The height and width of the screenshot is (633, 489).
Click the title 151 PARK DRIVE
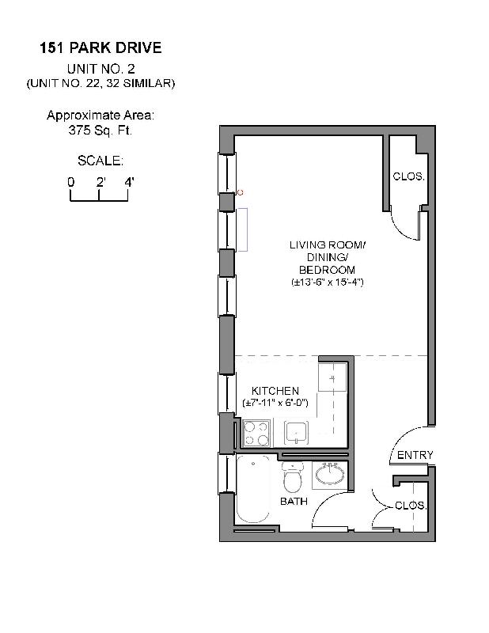click(x=100, y=48)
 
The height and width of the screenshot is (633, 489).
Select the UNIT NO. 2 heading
click(x=100, y=69)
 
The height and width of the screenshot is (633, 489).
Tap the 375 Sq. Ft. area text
click(x=100, y=131)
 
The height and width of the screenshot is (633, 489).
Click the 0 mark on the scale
click(x=70, y=183)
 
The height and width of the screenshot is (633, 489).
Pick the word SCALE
click(x=100, y=161)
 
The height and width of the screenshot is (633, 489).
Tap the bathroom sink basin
click(x=328, y=476)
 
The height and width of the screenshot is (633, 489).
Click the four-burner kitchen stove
click(x=256, y=433)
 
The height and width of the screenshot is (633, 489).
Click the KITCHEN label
click(x=275, y=391)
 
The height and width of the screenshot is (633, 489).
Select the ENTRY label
click(x=415, y=455)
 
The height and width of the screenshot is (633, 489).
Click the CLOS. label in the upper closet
click(x=408, y=176)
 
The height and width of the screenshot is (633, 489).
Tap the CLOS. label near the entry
click(x=411, y=505)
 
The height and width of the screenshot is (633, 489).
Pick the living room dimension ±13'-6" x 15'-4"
click(x=326, y=282)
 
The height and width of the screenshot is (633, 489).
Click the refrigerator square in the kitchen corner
click(x=332, y=378)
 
